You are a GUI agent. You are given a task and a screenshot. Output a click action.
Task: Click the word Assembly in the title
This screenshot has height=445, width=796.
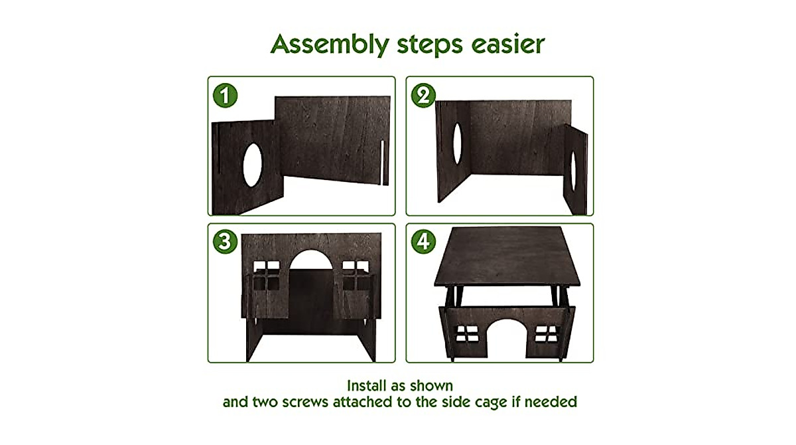(x=330, y=44)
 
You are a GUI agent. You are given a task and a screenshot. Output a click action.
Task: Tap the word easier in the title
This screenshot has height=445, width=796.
(x=508, y=44)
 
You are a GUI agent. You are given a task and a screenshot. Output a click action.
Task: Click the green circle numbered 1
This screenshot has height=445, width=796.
(x=225, y=96)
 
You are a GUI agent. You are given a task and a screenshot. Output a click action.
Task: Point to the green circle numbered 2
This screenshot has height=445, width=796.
(x=423, y=96)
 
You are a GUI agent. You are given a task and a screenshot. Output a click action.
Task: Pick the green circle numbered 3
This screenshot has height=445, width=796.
(x=225, y=242)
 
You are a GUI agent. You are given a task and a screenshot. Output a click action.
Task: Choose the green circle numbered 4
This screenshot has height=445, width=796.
(x=423, y=242)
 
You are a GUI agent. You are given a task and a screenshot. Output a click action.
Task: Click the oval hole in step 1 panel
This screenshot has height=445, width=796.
(x=252, y=165)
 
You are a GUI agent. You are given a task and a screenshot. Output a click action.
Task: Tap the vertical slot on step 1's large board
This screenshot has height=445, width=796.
(x=383, y=163)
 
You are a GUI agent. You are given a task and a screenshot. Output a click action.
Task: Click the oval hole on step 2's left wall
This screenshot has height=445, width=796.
(x=457, y=143)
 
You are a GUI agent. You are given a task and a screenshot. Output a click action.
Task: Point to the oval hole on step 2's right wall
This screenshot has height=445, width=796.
(x=573, y=171)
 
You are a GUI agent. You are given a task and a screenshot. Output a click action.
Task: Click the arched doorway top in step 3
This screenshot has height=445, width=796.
(x=311, y=259)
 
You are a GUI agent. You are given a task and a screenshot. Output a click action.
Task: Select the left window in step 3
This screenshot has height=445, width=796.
(x=267, y=276)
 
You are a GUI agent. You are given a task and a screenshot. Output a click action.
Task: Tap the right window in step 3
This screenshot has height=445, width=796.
(x=356, y=276)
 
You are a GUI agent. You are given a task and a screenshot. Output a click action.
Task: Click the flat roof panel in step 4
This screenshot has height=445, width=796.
(x=507, y=256)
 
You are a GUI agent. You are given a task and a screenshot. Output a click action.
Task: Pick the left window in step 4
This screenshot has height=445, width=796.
(x=467, y=333)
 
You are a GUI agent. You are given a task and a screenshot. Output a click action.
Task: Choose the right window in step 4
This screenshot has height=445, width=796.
(x=546, y=333)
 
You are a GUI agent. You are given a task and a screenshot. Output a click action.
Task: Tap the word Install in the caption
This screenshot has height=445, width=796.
(x=365, y=386)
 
